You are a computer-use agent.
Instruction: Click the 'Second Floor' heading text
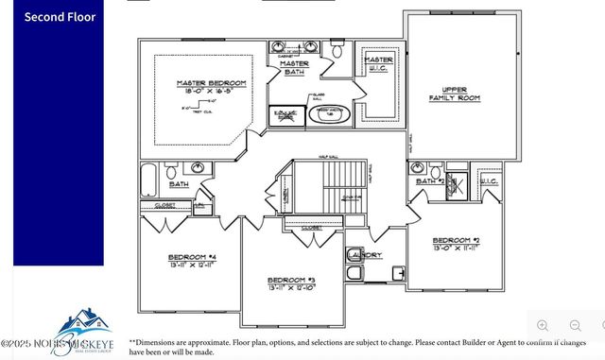(60, 17)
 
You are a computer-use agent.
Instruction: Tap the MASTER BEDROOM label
(211, 83)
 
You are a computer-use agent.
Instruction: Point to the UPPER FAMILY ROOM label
(455, 93)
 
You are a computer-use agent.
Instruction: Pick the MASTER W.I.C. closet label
(378, 62)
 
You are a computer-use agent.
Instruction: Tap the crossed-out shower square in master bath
(285, 114)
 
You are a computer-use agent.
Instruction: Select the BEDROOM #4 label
(192, 257)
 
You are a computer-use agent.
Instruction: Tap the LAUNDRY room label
(364, 255)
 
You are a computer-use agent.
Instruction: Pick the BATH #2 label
(430, 180)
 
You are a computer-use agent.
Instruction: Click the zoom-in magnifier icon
(543, 326)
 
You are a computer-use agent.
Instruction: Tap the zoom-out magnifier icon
(575, 326)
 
